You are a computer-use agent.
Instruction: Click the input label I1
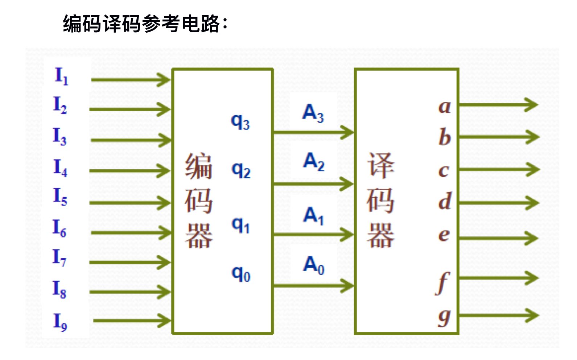coord(61,76)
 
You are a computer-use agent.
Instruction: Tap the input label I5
coord(60,196)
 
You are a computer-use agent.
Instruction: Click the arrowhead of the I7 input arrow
coord(165,262)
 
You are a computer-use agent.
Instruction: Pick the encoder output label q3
coord(240,121)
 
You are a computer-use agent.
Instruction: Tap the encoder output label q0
coord(241,273)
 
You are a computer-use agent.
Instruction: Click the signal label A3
coord(313,113)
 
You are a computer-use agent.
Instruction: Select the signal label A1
coord(313,215)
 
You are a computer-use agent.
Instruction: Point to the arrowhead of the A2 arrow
coord(347,184)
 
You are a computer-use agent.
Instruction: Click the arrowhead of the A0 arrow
coord(347,286)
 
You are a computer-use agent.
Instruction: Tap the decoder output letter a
coord(445,107)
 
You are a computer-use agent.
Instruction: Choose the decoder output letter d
coord(445,201)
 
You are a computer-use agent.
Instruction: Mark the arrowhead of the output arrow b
coord(533,137)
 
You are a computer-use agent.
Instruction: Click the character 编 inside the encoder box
coord(198,166)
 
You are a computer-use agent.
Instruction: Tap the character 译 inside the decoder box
coord(380,166)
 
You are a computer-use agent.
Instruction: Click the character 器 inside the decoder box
coord(380,236)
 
